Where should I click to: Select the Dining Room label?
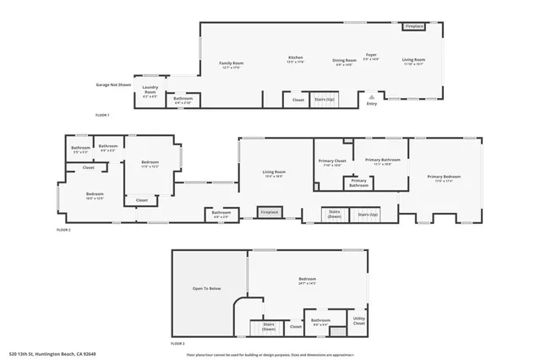344,62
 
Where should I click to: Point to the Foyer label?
371,57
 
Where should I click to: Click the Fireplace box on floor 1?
414,27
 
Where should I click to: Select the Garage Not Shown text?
113,85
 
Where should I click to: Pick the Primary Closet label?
332,162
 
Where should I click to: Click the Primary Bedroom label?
444,178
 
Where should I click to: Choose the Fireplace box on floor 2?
270,212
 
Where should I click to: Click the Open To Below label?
206,289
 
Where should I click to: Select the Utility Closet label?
358,321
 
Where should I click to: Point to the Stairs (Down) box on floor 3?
269,326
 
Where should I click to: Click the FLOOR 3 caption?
178,344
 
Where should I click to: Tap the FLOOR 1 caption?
102,114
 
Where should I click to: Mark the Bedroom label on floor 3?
307,281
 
